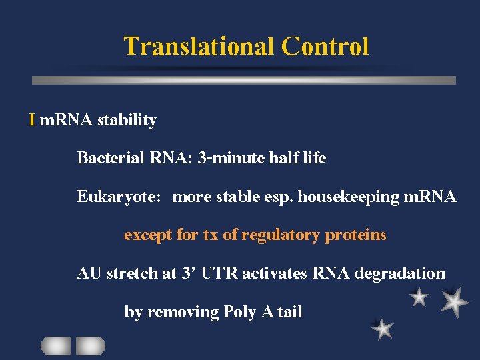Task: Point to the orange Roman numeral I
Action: point(32,120)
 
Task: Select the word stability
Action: point(127,121)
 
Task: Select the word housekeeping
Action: point(349,197)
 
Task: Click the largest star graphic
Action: point(455,301)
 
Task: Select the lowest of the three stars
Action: point(382,328)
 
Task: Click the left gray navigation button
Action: point(55,345)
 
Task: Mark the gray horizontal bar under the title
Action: point(244,80)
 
